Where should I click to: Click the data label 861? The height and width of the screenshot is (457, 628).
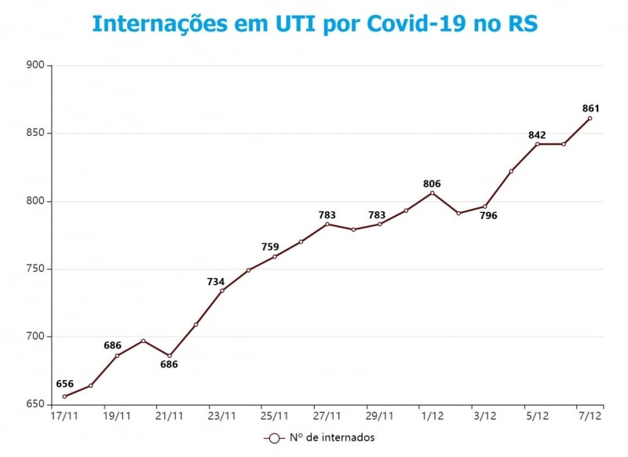tap(592, 108)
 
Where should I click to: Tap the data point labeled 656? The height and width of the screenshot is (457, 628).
tap(64, 397)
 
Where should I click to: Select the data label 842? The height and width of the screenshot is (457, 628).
tap(537, 135)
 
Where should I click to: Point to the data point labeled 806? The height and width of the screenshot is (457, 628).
tap(433, 193)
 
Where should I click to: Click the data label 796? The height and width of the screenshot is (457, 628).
tap(488, 215)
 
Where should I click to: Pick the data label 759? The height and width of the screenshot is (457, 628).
tap(270, 247)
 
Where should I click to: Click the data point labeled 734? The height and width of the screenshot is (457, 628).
tap(222, 291)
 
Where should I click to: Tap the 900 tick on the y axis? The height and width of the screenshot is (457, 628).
tap(35, 66)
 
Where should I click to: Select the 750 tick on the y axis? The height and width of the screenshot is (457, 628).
tap(35, 269)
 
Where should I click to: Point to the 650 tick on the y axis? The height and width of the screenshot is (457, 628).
tap(35, 404)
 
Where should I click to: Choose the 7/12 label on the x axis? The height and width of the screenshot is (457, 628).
tap(590, 415)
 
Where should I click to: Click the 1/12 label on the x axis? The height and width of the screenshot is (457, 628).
tap(432, 415)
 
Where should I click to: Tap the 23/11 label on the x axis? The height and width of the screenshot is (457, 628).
tap(221, 415)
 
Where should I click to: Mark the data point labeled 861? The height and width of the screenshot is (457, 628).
tap(590, 119)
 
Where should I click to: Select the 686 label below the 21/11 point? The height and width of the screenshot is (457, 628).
tap(169, 364)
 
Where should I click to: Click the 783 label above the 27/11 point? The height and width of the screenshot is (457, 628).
tap(327, 214)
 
